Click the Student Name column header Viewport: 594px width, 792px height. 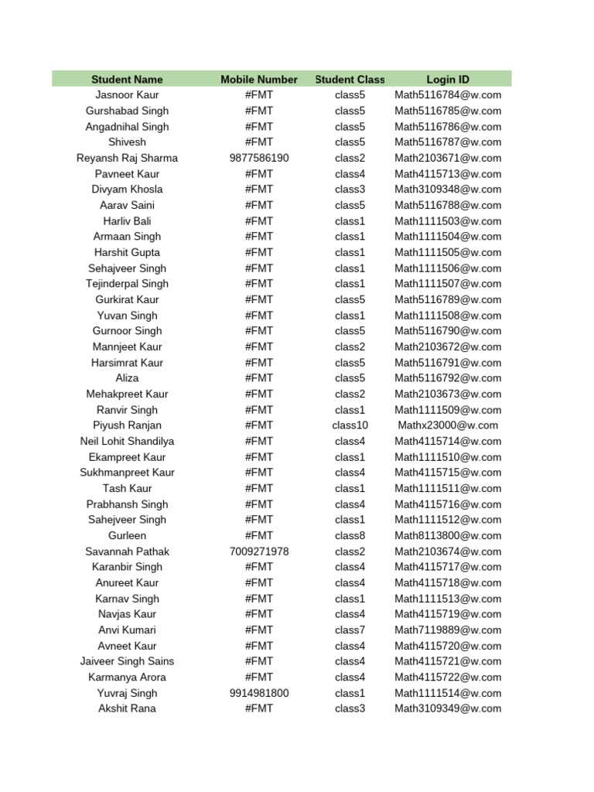coord(127,80)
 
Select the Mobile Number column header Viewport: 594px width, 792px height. coord(259,80)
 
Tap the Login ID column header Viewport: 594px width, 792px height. coord(448,80)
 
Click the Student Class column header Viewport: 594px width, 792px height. coord(350,80)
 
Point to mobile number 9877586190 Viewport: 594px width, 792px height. coord(259,158)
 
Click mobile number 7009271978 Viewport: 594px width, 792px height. coord(259,551)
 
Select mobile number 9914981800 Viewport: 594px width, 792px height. coord(259,693)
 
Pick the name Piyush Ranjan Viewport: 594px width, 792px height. coord(127,425)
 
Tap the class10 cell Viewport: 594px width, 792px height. coord(350,425)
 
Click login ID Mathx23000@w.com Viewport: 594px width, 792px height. coord(448,425)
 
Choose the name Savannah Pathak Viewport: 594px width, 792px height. coord(127,551)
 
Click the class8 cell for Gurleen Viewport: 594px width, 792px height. coord(350,535)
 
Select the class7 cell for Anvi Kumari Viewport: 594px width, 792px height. coord(350,630)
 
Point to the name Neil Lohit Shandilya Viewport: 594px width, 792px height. coord(127,441)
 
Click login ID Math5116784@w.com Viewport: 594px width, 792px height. coord(448,95)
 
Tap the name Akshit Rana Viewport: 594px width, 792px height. coord(127,708)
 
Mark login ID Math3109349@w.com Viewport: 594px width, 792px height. coord(448,708)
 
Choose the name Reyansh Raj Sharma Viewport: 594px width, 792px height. coord(127,158)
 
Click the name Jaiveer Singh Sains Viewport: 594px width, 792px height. coord(127,661)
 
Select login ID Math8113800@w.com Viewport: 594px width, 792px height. coord(448,535)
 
